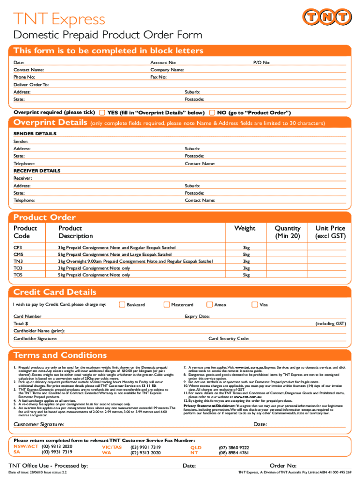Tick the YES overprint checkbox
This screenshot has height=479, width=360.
click(x=102, y=113)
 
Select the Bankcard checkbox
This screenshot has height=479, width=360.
click(x=122, y=305)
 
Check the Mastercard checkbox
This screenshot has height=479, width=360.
click(x=166, y=305)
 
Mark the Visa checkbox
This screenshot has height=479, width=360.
click(x=255, y=305)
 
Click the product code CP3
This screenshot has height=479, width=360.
click(x=18, y=247)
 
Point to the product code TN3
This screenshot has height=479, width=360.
click(x=18, y=261)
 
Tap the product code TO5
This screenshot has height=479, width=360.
click(x=18, y=275)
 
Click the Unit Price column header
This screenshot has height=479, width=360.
click(x=330, y=232)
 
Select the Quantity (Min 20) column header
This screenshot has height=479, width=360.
click(x=288, y=232)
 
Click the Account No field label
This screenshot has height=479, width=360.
click(x=163, y=63)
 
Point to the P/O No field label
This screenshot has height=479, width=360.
click(x=262, y=63)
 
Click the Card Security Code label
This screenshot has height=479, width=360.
click(x=229, y=338)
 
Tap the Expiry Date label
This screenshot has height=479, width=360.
click(x=197, y=316)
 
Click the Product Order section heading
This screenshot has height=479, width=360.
click(x=44, y=218)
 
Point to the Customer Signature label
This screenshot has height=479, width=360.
click(x=39, y=424)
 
